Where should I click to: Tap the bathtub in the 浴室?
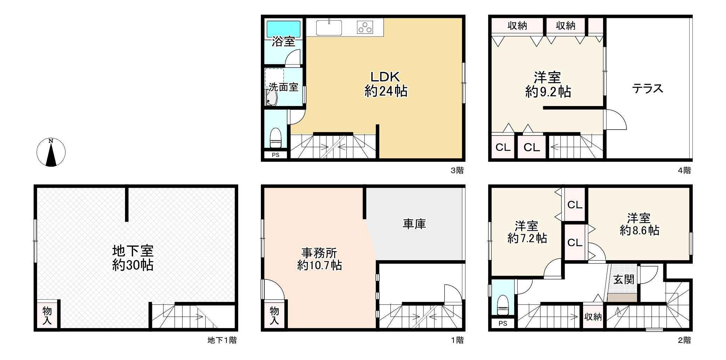tap(283, 29)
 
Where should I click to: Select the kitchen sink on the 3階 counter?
tap(329, 28)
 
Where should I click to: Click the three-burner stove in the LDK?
tap(365, 27)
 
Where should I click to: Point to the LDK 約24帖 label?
tap(386, 84)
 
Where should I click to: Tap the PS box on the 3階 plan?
tap(276, 155)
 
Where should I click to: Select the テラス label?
tap(648, 88)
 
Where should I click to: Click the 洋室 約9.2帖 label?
tap(548, 84)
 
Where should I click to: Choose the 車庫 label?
tap(414, 224)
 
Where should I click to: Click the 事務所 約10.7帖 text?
tap(319, 259)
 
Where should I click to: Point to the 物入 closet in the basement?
tap(47, 315)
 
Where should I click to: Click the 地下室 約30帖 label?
tap(133, 258)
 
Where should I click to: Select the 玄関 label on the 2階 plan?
tap(624, 279)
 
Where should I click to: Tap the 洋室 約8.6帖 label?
tap(639, 224)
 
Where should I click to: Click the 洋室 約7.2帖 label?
tap(527, 232)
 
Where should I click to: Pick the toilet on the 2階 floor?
tap(503, 305)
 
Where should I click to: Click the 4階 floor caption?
tap(684, 171)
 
